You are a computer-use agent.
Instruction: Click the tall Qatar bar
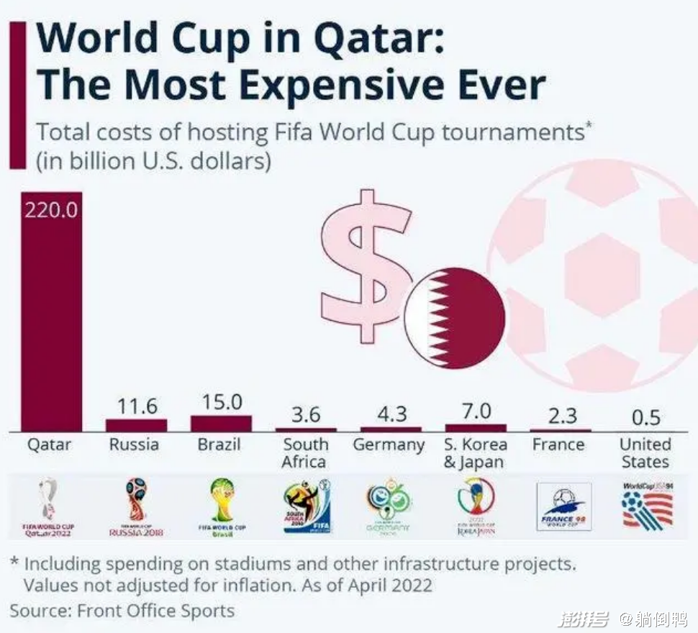pyautogui.click(x=51, y=324)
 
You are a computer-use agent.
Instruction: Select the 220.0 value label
pyautogui.click(x=51, y=212)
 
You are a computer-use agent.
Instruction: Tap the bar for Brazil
pyautogui.click(x=221, y=423)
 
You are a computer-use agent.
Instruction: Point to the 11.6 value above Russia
pyautogui.click(x=137, y=406)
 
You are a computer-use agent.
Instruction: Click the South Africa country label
pyautogui.click(x=305, y=453)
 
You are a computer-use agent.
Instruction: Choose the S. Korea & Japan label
pyautogui.click(x=475, y=453)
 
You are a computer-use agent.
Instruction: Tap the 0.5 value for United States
pyautogui.click(x=645, y=418)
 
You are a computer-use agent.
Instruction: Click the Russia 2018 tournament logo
pyautogui.click(x=136, y=507)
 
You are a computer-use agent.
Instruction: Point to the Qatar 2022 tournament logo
pyautogui.click(x=49, y=507)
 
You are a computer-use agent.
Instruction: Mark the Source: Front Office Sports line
pyautogui.click(x=122, y=611)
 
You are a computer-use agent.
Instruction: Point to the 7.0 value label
pyautogui.click(x=476, y=411)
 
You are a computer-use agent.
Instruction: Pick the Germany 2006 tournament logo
pyautogui.click(x=389, y=507)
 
